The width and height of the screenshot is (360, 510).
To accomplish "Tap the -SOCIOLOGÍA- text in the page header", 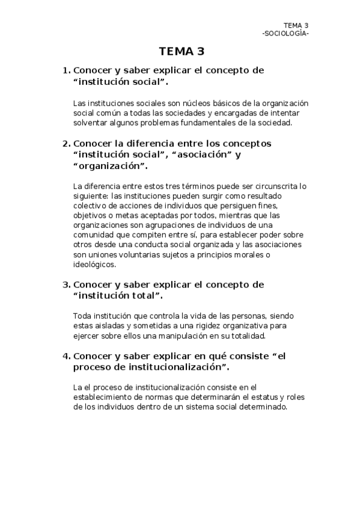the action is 285,32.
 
